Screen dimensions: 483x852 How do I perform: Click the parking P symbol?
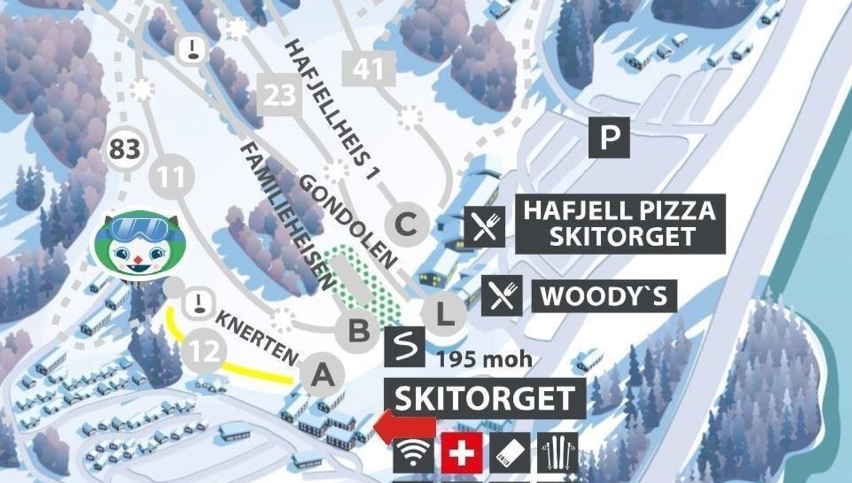(x=609, y=138)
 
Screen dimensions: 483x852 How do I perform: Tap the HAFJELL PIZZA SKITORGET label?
(x=620, y=223)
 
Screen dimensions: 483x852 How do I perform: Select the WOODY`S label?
(x=604, y=296)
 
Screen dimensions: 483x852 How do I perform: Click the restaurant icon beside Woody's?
(x=502, y=295)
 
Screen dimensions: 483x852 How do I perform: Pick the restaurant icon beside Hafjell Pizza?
(x=485, y=226)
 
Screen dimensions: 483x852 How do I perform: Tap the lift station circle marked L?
(x=444, y=314)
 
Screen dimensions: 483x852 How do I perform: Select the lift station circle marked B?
(x=358, y=330)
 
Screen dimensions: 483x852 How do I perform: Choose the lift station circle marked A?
(x=322, y=375)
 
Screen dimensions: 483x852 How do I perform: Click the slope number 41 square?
(x=369, y=69)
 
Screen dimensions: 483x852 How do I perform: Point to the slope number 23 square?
(x=279, y=94)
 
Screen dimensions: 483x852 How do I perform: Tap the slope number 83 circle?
(x=125, y=149)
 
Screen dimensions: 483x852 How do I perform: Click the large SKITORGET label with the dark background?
(x=485, y=398)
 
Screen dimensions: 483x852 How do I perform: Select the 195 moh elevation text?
(x=485, y=359)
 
